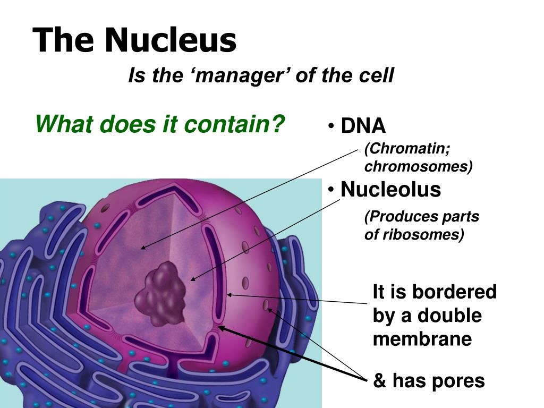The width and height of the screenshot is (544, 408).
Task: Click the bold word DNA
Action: (363, 126)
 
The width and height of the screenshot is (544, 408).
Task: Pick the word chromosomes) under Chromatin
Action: (418, 166)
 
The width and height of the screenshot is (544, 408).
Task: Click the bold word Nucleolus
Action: (390, 189)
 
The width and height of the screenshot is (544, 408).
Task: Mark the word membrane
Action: (422, 338)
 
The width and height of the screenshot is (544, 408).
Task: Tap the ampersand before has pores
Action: (380, 381)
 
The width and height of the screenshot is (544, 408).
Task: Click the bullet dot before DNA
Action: (331, 126)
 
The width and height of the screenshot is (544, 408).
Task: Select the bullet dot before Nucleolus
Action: (331, 190)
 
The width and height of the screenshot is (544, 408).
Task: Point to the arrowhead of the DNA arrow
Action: (142, 248)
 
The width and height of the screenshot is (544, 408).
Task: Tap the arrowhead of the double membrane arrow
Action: (229, 294)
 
